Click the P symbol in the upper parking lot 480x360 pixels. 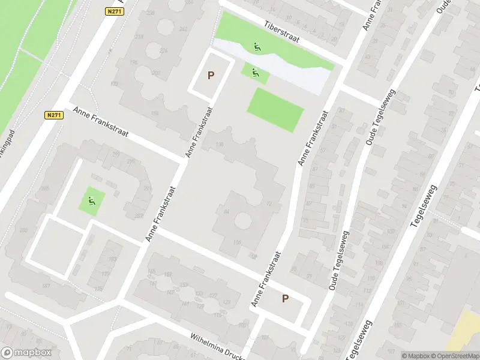pyautogui.click(x=210, y=76)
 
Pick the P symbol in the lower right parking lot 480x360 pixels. pyautogui.click(x=285, y=298)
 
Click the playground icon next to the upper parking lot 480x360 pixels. pyautogui.click(x=256, y=73)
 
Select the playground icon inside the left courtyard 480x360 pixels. pyautogui.click(x=92, y=199)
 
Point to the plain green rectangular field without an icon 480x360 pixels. pyautogui.click(x=275, y=109)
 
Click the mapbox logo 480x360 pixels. pyautogui.click(x=25, y=352)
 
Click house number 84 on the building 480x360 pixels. pyautogui.click(x=226, y=212)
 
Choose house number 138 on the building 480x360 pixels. pyautogui.click(x=220, y=144)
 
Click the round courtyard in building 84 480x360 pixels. pyautogui.click(x=242, y=220)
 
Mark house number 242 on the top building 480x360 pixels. pyautogui.click(x=183, y=29)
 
